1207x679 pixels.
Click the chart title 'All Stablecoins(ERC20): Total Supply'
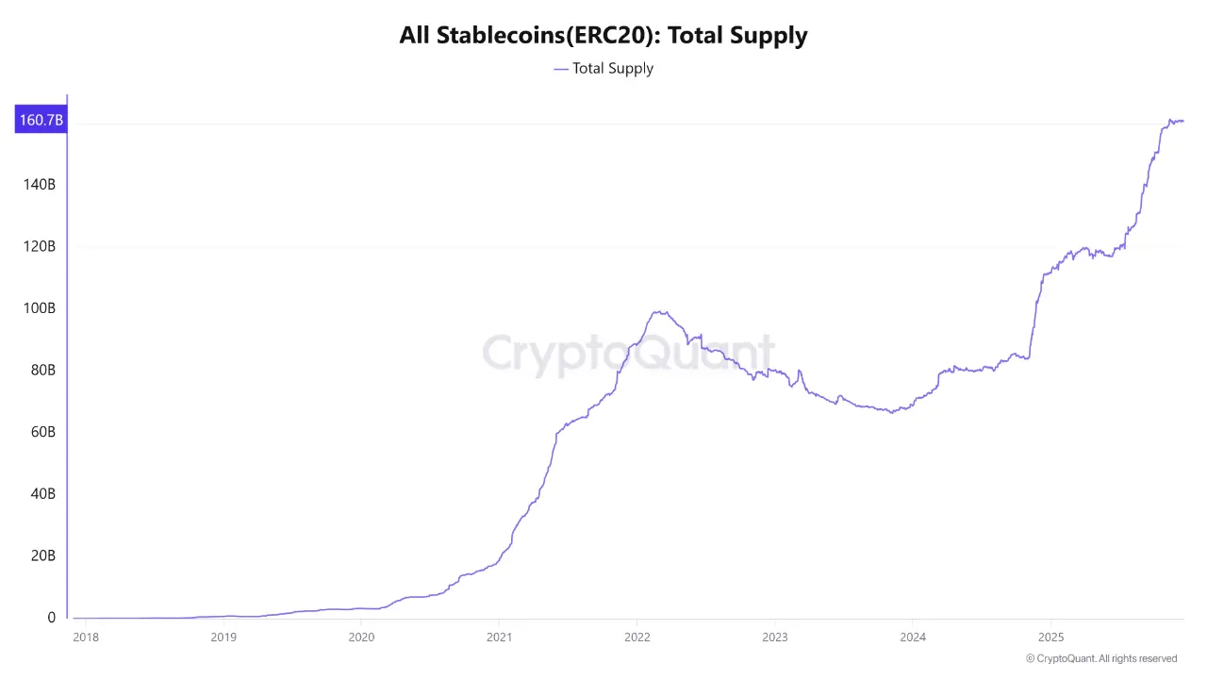tap(603, 36)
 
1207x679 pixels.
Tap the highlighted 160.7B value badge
tap(41, 120)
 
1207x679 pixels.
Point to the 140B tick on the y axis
tap(39, 185)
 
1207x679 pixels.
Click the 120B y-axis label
tap(39, 246)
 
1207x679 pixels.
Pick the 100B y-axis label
tap(39, 308)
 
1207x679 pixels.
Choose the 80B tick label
tap(42, 371)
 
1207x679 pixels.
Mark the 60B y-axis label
tap(42, 432)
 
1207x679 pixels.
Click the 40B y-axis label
tap(42, 494)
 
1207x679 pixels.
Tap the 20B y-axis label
tap(42, 555)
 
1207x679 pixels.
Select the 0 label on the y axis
tap(51, 618)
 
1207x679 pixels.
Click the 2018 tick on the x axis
tap(85, 637)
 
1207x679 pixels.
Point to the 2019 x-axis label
tap(223, 637)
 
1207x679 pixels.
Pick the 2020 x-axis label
tap(361, 637)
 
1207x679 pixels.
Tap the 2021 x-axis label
tap(499, 637)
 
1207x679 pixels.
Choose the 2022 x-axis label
tap(637, 637)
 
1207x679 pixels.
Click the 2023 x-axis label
tap(774, 637)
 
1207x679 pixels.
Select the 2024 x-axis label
tap(912, 637)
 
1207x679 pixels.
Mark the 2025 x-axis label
tap(1050, 637)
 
